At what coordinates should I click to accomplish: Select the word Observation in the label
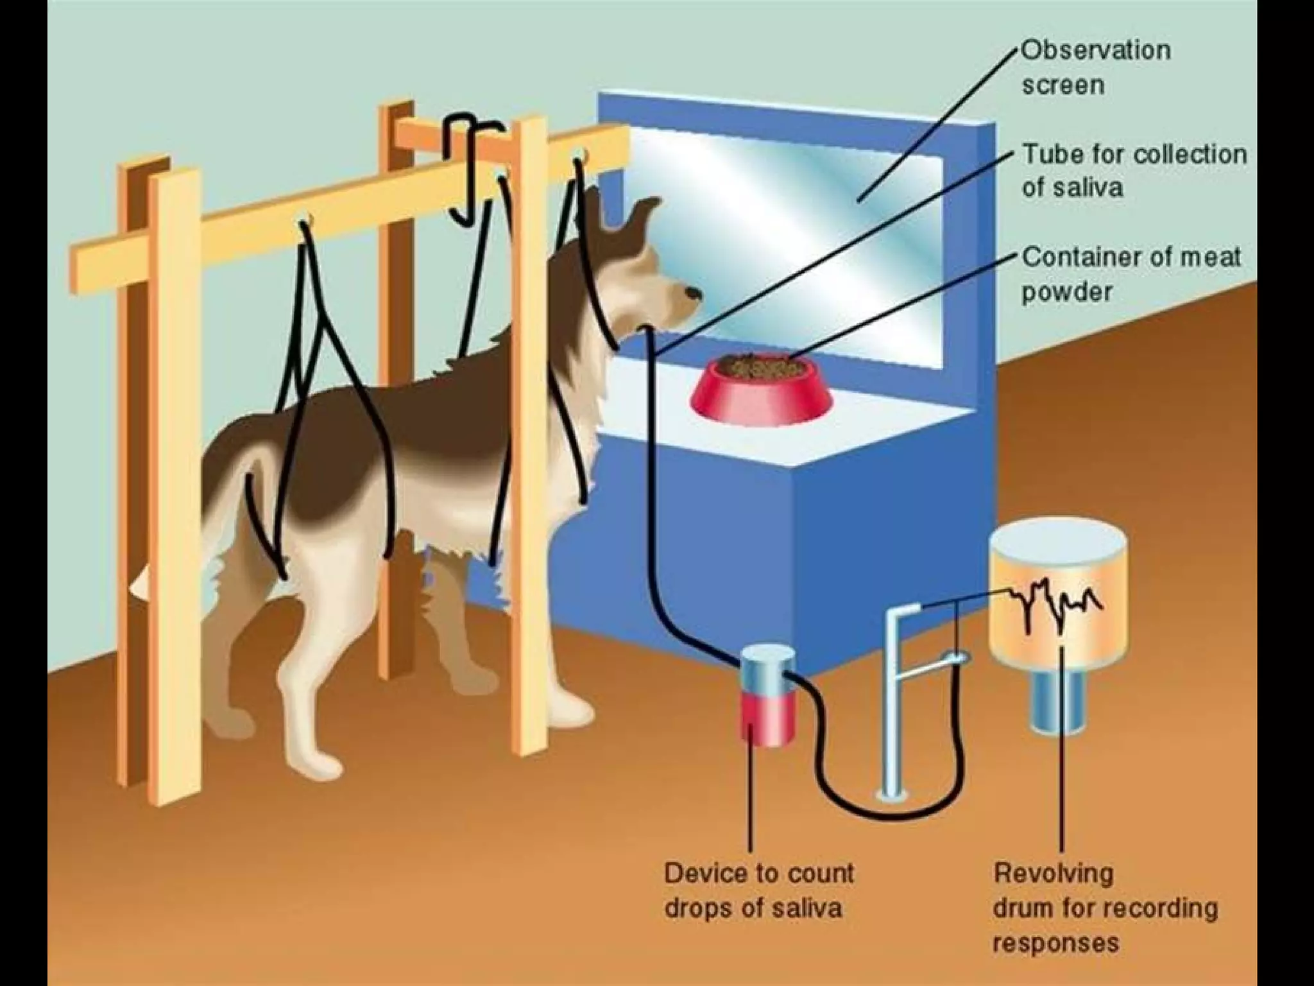click(1096, 51)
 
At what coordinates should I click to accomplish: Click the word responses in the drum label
click(1056, 943)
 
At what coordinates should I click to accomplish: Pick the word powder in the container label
click(1066, 292)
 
